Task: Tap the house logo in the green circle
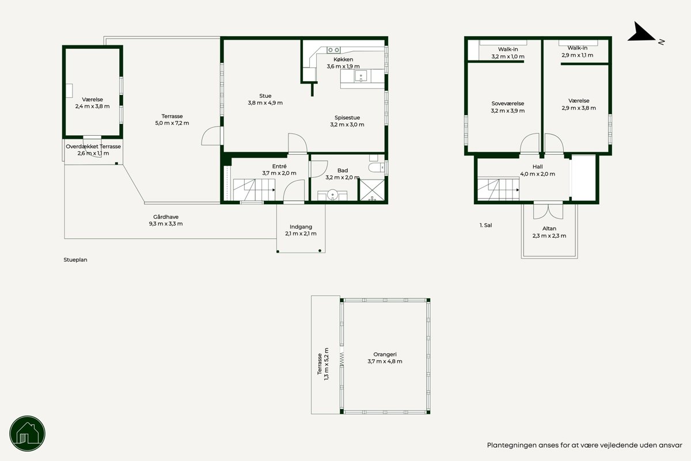[28, 433]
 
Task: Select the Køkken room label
[343, 59]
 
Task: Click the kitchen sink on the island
[360, 76]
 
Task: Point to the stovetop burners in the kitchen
[333, 49]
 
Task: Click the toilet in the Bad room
[377, 167]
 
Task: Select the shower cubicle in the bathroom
[373, 191]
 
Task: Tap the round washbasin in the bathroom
[332, 195]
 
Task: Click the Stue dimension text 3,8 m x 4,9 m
[265, 102]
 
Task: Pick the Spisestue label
[347, 117]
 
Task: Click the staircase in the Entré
[254, 190]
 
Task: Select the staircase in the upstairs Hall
[498, 189]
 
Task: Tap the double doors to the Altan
[548, 211]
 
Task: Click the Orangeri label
[385, 355]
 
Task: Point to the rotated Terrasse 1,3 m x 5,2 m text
[323, 364]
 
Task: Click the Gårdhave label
[166, 217]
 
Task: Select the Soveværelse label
[508, 104]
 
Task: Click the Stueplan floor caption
[75, 260]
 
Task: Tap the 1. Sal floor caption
[485, 226]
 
